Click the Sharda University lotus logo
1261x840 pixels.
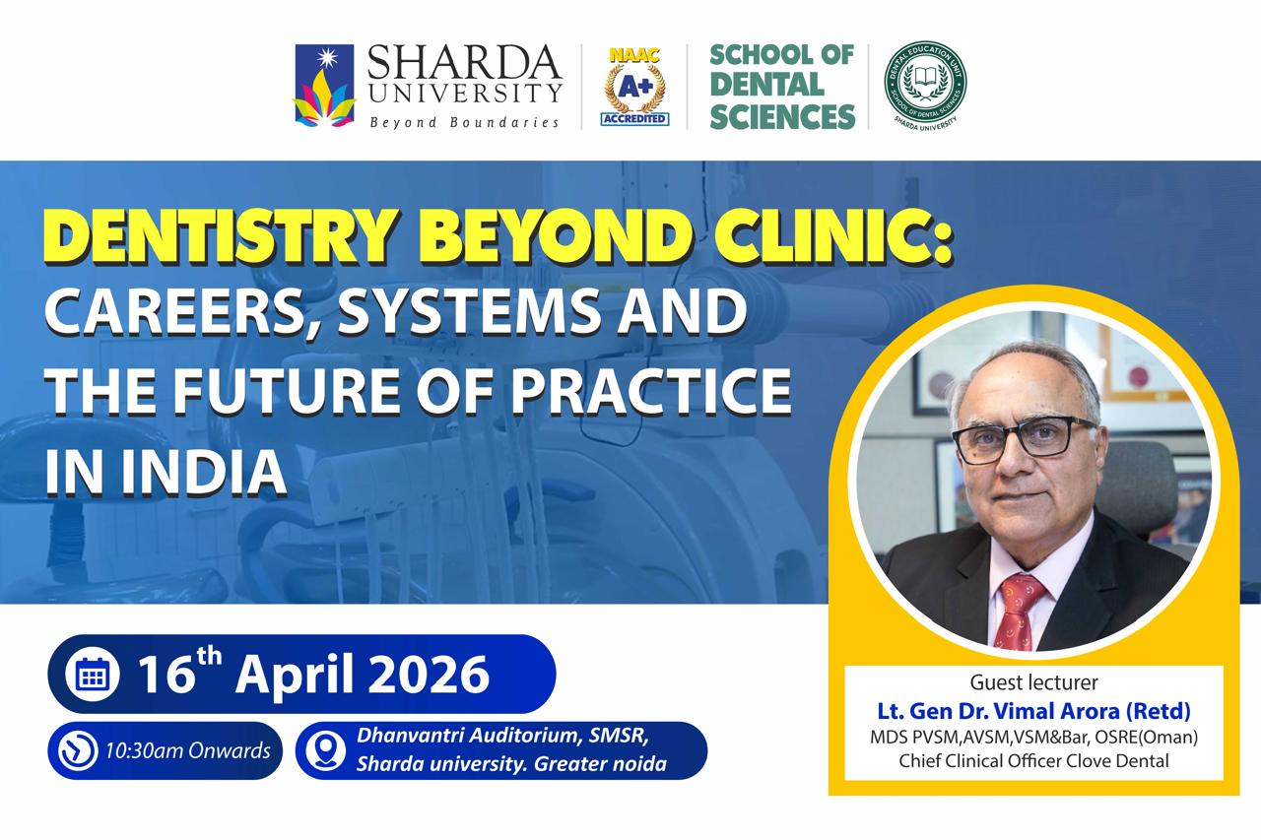coord(325,85)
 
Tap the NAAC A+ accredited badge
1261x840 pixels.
coord(634,87)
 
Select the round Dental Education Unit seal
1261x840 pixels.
coord(925,86)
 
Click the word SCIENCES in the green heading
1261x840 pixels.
coord(782,116)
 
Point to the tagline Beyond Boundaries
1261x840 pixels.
coord(464,122)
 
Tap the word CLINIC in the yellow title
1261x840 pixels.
coord(824,235)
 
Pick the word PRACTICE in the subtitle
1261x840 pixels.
coord(651,390)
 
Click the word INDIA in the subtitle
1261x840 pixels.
coord(204,471)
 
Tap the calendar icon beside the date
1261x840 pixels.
coord(92,674)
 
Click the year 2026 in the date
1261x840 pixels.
coord(429,674)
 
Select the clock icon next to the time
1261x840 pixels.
coord(78,750)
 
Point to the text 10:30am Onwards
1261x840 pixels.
coord(188,751)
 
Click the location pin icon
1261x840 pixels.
coord(325,750)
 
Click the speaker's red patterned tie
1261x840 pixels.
coord(1020,612)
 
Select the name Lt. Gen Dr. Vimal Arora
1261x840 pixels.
coord(1000,711)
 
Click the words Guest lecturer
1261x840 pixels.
coord(1033,682)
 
